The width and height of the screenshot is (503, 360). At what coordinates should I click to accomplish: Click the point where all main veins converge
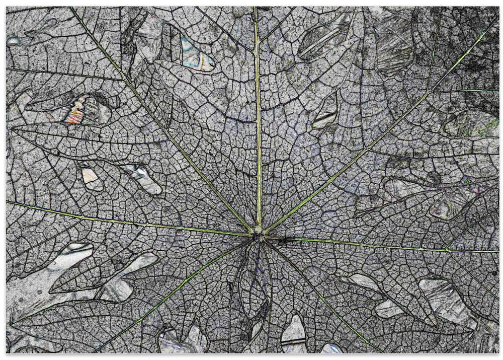(x=258, y=233)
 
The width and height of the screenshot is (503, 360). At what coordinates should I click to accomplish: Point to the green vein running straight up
(x=258, y=126)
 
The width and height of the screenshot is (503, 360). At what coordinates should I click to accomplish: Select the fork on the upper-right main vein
(x=428, y=93)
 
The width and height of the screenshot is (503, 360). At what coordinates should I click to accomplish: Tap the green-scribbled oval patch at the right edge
(x=473, y=123)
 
